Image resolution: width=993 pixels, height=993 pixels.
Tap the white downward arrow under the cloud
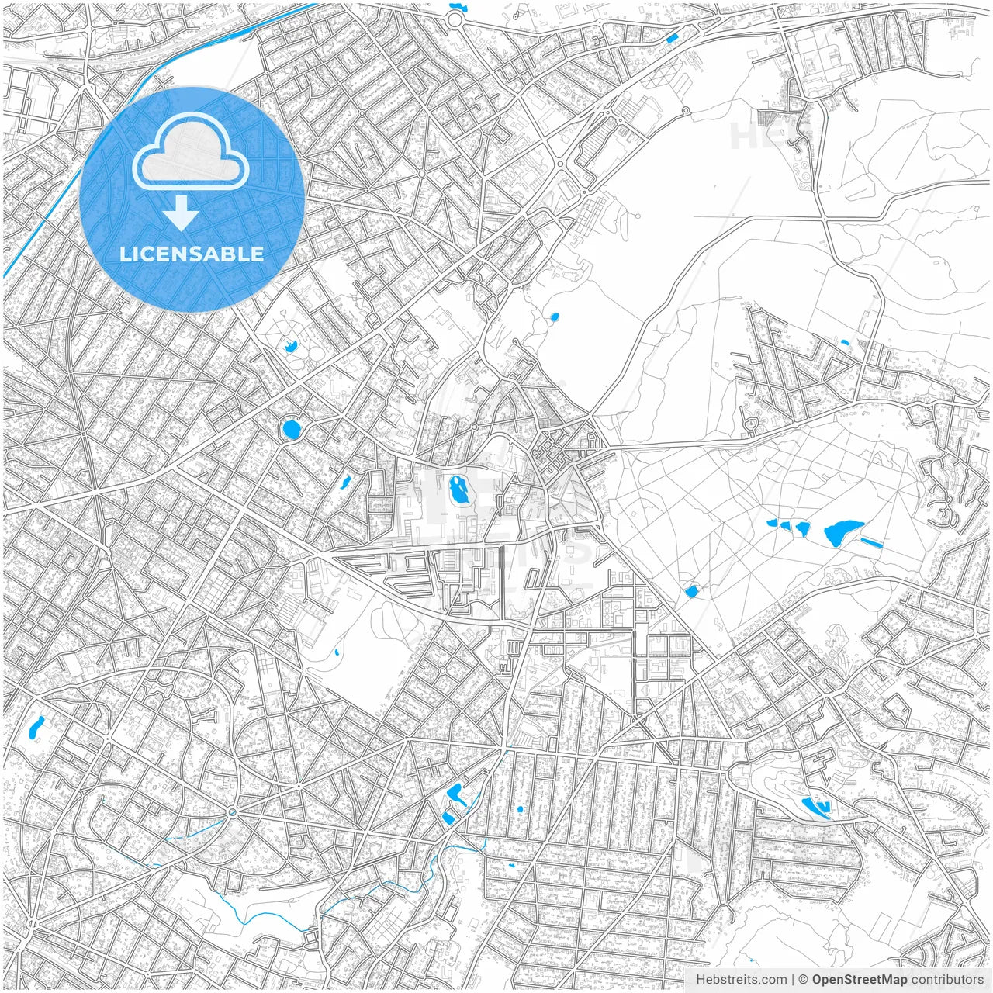[181, 213]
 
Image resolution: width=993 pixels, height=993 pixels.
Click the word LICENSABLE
[192, 254]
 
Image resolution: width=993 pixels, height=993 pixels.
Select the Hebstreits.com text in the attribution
[741, 980]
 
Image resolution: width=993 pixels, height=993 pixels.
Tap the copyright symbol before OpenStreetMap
[804, 980]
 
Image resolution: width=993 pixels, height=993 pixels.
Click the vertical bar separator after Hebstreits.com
[793, 980]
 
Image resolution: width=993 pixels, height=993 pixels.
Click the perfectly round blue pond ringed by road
[292, 429]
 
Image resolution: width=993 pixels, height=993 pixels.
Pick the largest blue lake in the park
[842, 533]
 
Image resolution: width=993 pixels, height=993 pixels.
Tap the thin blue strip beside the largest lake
[871, 541]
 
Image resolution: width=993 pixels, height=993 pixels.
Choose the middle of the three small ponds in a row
[785, 526]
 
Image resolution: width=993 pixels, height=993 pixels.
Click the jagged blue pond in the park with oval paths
[291, 344]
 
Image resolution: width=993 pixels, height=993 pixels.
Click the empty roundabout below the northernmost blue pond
[455, 21]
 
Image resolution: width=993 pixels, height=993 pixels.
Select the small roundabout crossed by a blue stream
[232, 811]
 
